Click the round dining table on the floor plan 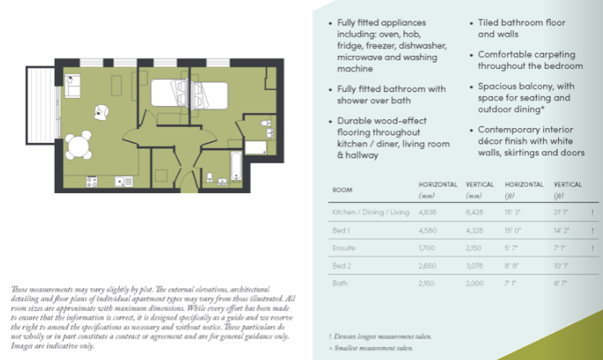[77, 146]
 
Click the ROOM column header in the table [342, 190]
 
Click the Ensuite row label [343, 246]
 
